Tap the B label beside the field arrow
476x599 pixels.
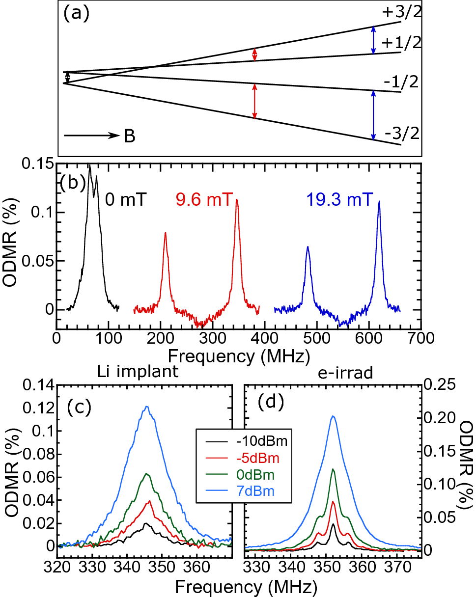pos(130,136)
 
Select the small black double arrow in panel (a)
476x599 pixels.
pos(68,77)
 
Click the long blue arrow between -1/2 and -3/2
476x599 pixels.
pos(373,115)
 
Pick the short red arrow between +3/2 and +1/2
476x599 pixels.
pos(254,54)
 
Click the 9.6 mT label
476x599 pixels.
pos(202,200)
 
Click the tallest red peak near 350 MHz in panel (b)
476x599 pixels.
pos(237,200)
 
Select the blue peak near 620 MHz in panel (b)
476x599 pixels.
pos(379,201)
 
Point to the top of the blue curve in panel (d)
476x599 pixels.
pos(334,416)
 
